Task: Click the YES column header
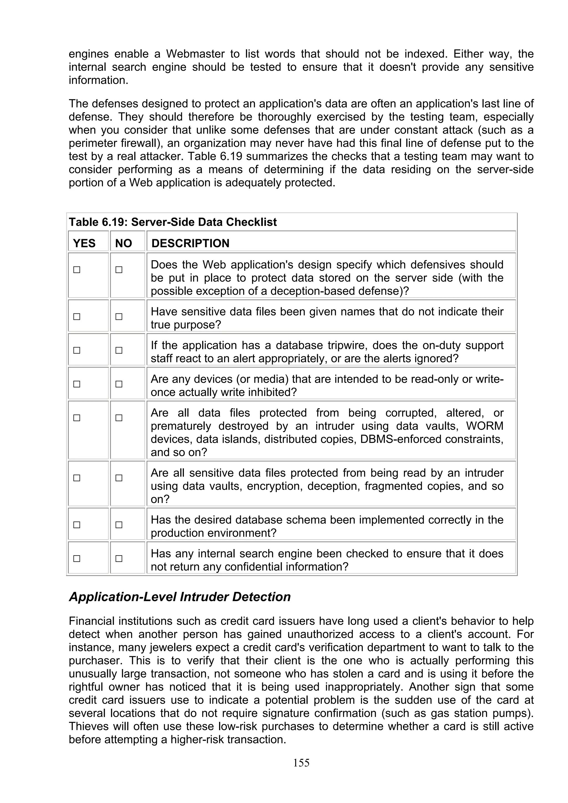[84, 243]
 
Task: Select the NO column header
[123, 243]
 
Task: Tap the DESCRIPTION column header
[190, 243]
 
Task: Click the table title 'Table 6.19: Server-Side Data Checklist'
[173, 222]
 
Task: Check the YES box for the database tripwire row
[77, 350]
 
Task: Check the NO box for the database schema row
[119, 525]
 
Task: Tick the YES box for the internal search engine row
[77, 559]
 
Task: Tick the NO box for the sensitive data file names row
[119, 316]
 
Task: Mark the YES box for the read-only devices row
[77, 384]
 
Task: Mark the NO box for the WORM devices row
[119, 418]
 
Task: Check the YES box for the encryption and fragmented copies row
[77, 478]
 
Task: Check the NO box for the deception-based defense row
[119, 270]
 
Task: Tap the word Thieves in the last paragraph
[89, 727]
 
